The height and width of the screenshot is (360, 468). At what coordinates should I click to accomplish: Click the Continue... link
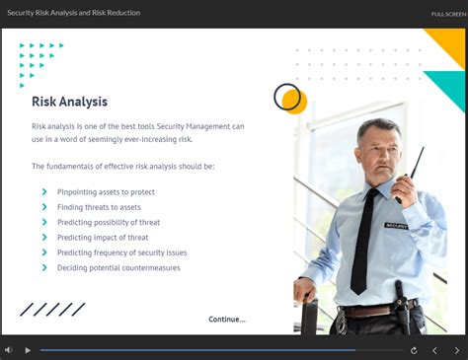point(226,319)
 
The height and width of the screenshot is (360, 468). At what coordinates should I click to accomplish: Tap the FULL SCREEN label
point(448,14)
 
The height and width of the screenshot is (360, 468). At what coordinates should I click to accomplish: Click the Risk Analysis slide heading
point(69,102)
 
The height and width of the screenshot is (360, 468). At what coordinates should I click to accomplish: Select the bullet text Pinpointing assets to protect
point(106,191)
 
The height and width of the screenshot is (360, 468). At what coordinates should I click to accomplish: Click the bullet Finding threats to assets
point(99,207)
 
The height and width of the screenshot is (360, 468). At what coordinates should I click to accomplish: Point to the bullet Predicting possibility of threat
point(108,222)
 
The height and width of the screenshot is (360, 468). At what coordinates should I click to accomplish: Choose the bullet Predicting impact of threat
point(103,238)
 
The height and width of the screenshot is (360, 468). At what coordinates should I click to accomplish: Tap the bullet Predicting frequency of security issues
point(121,252)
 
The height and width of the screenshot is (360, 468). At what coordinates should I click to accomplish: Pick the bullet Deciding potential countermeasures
point(114,267)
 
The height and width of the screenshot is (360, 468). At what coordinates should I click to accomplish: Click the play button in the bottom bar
point(28,350)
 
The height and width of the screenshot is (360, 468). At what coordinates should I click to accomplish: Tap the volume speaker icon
point(9,350)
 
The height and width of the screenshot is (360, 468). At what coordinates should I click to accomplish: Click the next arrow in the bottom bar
point(456,350)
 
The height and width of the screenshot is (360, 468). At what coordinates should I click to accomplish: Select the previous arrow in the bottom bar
point(434,350)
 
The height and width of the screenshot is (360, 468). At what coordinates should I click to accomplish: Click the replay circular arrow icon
point(414,350)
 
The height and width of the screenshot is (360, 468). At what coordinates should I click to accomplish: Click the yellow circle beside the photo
point(295,102)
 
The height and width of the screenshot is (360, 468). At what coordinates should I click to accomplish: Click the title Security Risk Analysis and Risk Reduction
point(74,13)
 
